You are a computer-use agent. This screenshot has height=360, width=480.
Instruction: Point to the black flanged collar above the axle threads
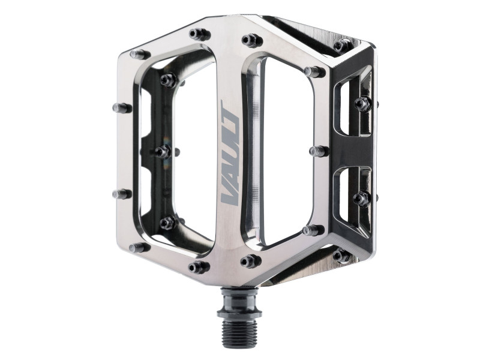pos(239,298)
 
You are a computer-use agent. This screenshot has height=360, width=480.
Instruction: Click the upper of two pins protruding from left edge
pos(122,108)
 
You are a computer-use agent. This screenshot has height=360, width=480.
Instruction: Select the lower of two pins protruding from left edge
pos(122,194)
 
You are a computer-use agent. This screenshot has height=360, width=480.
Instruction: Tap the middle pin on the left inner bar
pos(163,151)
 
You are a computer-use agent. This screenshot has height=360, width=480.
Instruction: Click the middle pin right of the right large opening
pos(318,151)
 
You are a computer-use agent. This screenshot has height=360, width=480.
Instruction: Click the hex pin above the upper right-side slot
pos(362,103)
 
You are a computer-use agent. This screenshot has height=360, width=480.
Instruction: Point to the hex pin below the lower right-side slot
pos(361,199)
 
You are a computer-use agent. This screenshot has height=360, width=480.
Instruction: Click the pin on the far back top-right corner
pos(343,45)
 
